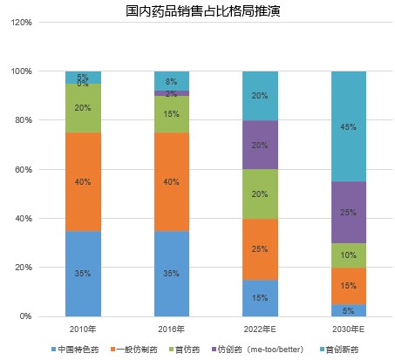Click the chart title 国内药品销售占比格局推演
coord(196,11)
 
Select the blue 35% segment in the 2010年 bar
coord(83,273)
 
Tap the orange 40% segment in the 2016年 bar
coord(172,181)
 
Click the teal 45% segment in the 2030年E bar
coord(349,126)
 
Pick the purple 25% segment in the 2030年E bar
coord(349,212)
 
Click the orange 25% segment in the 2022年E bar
coord(261,248)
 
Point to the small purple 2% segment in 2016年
coord(172,93)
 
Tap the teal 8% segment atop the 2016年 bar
coord(172,80)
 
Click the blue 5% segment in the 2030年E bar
coord(349,309)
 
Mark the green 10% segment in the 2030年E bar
coord(349,255)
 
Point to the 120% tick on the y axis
coord(22,22)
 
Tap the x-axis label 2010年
coord(83,329)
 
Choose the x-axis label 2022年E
coord(261,329)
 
